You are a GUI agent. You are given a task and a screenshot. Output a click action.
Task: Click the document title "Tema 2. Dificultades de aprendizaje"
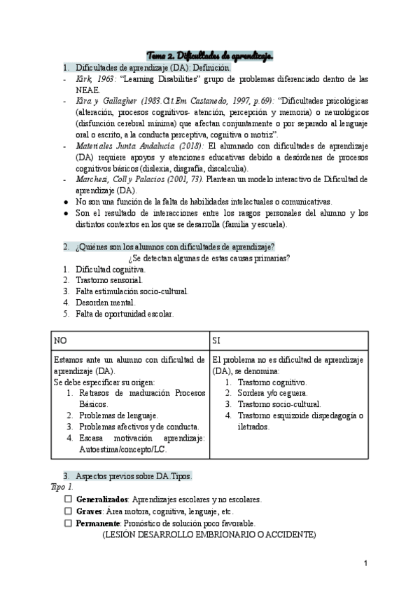click(210, 55)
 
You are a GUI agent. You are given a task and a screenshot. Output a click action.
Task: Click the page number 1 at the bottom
click(365, 564)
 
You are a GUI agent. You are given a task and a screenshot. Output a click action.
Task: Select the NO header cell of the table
click(61, 340)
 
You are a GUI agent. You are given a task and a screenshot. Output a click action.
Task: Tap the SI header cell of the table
click(217, 340)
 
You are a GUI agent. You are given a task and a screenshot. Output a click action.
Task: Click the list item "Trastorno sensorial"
click(109, 280)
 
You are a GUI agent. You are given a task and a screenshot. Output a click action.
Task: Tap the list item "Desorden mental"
click(105, 303)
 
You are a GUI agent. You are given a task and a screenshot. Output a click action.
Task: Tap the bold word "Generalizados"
click(101, 500)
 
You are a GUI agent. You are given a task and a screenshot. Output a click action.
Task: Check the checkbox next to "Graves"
click(68, 511)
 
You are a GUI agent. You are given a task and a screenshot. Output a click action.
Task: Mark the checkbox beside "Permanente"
click(68, 523)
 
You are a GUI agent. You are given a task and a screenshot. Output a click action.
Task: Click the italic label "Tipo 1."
click(62, 487)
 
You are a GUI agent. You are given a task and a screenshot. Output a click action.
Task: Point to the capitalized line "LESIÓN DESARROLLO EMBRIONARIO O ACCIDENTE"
click(209, 534)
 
